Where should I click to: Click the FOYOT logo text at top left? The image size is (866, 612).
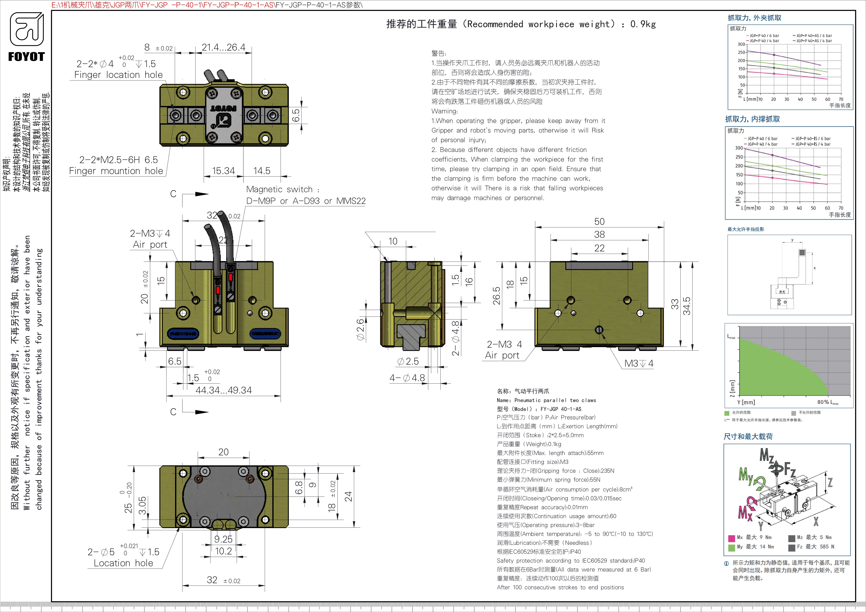pyautogui.click(x=26, y=57)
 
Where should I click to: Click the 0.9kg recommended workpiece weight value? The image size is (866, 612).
pyautogui.click(x=643, y=24)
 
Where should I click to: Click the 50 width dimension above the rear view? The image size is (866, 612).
pyautogui.click(x=599, y=222)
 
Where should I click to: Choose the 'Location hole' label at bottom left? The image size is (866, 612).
pyautogui.click(x=123, y=563)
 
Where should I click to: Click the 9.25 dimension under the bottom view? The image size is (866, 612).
pyautogui.click(x=223, y=539)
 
